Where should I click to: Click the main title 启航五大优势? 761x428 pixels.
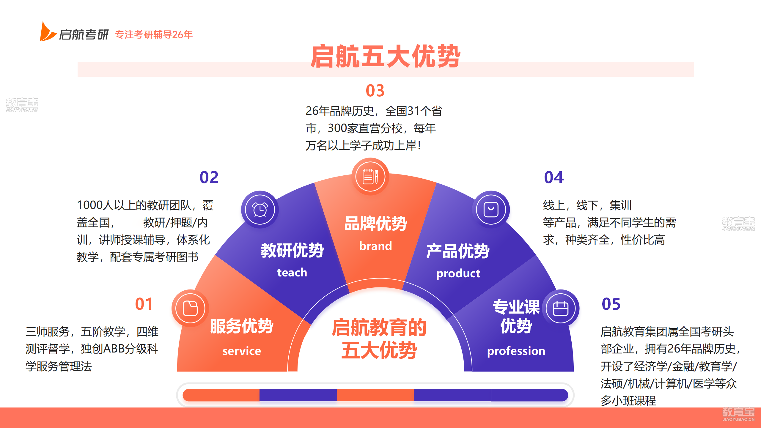[386, 56]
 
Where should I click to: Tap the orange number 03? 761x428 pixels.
[375, 91]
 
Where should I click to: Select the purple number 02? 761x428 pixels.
[209, 177]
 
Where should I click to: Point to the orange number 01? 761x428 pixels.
[144, 304]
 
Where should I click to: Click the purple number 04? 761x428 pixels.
[554, 177]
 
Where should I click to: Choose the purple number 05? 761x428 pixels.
[611, 304]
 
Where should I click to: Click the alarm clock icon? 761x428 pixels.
[260, 210]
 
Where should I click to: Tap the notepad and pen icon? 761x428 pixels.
[370, 177]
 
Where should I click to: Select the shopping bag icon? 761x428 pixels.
[491, 210]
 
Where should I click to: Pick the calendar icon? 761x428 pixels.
[561, 308]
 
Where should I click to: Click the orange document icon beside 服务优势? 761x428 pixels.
[190, 308]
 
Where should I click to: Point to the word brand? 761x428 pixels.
[375, 246]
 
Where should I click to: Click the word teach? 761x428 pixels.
[292, 273]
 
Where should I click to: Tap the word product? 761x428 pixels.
[458, 274]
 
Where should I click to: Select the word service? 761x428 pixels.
[242, 351]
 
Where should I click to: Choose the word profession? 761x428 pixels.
[516, 351]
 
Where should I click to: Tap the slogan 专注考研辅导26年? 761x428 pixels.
[154, 34]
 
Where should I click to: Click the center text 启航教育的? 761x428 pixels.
[379, 328]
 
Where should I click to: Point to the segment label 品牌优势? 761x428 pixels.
[375, 224]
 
